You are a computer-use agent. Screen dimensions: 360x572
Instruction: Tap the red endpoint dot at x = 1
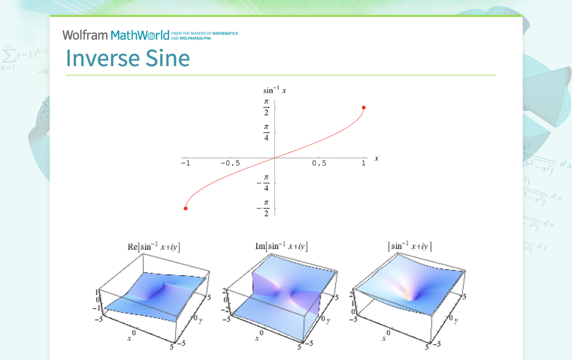[364, 107]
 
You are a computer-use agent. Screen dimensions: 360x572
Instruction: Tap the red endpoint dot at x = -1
[186, 208]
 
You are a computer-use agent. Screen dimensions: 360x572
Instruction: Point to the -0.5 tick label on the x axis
[230, 164]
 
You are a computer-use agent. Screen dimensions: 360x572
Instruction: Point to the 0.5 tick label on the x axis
[319, 164]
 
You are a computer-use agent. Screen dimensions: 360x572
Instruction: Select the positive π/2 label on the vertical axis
[266, 107]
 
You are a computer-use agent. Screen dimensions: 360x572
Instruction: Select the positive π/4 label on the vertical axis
[266, 132]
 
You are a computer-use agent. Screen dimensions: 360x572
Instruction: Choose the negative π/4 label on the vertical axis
[264, 183]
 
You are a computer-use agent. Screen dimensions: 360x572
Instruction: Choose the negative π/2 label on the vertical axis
[264, 208]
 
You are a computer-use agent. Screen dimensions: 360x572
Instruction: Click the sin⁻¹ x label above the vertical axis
[275, 90]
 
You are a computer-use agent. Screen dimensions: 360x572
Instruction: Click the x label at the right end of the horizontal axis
[377, 158]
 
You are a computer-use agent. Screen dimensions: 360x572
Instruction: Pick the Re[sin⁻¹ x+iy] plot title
[154, 246]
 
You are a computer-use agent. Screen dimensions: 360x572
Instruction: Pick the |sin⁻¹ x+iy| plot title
[410, 246]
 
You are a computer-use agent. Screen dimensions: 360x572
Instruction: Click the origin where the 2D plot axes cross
[275, 158]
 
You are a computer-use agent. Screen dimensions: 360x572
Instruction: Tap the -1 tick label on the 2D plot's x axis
[185, 164]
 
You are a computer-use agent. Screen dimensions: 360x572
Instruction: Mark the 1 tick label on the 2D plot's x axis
[364, 164]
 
